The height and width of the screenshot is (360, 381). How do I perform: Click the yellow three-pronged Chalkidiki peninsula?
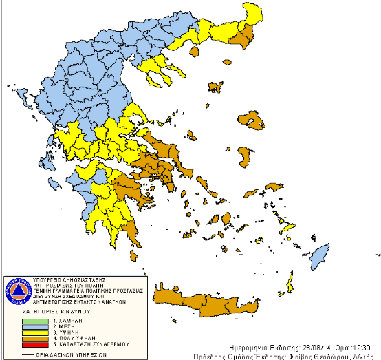pyautogui.click(x=157, y=70)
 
